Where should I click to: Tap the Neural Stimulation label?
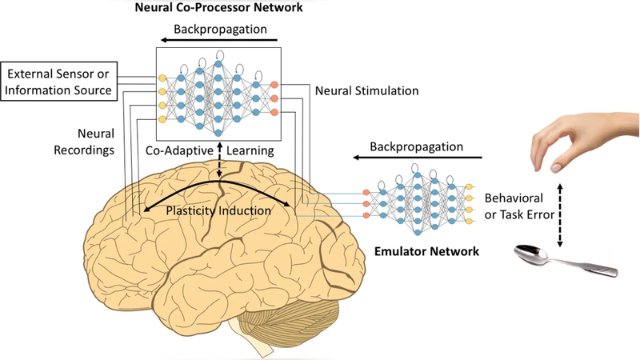pos(366,90)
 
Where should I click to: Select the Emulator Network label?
pos(426,251)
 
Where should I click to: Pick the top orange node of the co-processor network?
pos(274,85)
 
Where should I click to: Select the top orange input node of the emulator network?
pos(367,192)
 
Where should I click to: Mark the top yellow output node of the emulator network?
pos(470,186)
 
